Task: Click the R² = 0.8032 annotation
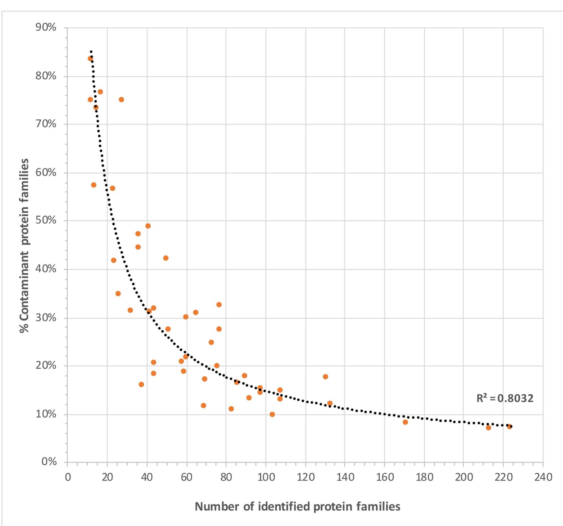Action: (x=505, y=398)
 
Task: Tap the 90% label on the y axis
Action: (x=46, y=27)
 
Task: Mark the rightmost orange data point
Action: (x=509, y=426)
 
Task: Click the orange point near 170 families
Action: (x=405, y=422)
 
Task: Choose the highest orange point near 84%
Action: (x=90, y=59)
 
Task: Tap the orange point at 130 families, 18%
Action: (x=325, y=377)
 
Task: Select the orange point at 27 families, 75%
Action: (x=121, y=100)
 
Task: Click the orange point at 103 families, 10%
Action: (x=272, y=415)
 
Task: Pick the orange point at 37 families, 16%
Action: (x=141, y=384)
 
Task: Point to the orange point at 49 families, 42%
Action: (x=166, y=258)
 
